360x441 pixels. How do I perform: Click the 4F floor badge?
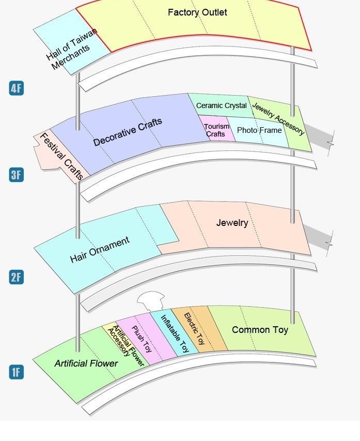tap(16, 88)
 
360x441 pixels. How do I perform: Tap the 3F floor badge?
tap(16, 175)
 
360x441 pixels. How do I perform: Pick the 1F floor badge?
tap(16, 372)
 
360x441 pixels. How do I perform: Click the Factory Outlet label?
tap(197, 12)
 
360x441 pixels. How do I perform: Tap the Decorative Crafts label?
tap(128, 132)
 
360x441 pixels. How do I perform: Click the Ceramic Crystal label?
tap(221, 105)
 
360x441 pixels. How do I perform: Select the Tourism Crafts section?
tap(215, 130)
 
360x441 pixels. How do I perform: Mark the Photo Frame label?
tap(259, 130)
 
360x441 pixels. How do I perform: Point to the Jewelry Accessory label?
tap(278, 118)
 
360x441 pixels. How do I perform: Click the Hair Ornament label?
tap(99, 250)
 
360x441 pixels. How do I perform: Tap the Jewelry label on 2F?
tap(232, 223)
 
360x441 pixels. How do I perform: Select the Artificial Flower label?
tap(86, 363)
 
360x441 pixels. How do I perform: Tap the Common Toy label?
tap(260, 329)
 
